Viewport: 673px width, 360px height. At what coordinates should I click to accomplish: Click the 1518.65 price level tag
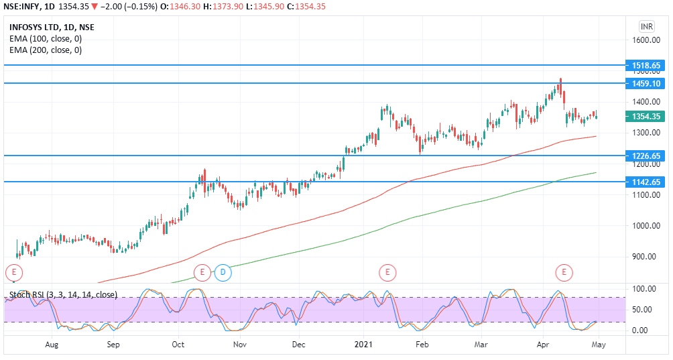click(x=646, y=66)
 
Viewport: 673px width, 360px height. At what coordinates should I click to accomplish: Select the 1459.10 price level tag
click(x=646, y=83)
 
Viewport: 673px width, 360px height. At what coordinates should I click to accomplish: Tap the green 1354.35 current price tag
click(x=646, y=116)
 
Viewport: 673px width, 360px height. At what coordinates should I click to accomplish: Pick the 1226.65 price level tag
click(x=646, y=156)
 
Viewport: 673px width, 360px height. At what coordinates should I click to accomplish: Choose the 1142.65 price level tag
click(x=646, y=182)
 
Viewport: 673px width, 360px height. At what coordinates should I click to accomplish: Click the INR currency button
click(x=646, y=26)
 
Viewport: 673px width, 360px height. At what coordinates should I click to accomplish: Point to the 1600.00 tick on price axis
click(x=647, y=40)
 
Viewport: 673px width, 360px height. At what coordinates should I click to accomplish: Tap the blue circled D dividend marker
click(x=223, y=272)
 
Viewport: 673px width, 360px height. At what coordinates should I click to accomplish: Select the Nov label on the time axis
click(x=239, y=345)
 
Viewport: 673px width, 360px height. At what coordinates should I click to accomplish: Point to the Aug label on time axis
click(x=52, y=345)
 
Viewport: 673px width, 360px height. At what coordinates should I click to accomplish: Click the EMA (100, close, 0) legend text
click(x=46, y=39)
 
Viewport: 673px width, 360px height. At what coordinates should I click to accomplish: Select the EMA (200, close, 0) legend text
click(x=46, y=50)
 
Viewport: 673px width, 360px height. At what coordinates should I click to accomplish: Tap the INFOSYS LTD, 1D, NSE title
click(x=52, y=27)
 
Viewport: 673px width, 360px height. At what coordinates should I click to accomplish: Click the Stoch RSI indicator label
click(x=64, y=294)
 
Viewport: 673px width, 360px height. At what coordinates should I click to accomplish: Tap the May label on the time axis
click(x=599, y=345)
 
